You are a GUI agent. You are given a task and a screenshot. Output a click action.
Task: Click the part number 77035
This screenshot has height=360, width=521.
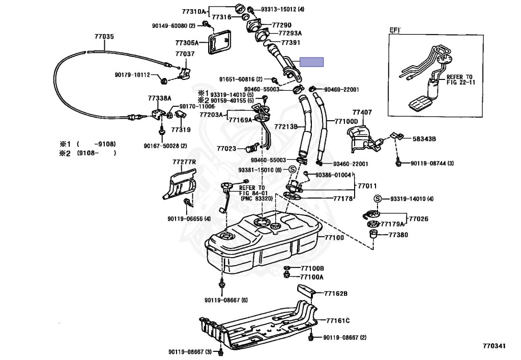(x=104, y=37)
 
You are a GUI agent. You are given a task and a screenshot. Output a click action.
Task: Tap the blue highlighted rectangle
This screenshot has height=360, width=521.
(x=312, y=62)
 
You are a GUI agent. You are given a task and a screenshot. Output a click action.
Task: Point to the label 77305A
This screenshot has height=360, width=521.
(x=187, y=43)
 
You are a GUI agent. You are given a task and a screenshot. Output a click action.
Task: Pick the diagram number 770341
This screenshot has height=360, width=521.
(x=494, y=346)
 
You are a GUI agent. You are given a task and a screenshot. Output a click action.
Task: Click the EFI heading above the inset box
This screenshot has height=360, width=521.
(x=395, y=30)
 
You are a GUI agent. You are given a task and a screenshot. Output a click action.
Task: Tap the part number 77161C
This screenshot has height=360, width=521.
(x=338, y=321)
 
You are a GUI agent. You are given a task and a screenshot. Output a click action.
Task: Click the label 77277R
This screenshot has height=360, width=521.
(x=184, y=162)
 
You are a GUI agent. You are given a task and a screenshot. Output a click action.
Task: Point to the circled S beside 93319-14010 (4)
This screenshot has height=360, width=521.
(x=377, y=199)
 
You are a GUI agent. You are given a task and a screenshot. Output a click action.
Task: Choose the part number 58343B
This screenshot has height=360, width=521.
(x=424, y=139)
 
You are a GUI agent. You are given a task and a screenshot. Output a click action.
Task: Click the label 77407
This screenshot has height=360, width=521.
(x=362, y=113)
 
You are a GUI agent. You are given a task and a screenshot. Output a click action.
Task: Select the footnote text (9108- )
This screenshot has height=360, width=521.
(x=97, y=153)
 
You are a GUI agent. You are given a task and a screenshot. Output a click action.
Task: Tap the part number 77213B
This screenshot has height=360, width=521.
(x=286, y=127)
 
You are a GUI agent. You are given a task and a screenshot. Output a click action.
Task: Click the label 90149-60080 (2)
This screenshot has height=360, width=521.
(x=174, y=25)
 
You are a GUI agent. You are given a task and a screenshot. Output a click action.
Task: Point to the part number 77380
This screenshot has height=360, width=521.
(x=398, y=235)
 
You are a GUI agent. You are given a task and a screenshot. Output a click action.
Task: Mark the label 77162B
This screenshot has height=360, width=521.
(x=336, y=293)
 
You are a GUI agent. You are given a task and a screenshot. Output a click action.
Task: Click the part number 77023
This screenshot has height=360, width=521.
(x=226, y=149)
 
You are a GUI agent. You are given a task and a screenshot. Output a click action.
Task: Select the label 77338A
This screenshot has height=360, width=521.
(x=159, y=98)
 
